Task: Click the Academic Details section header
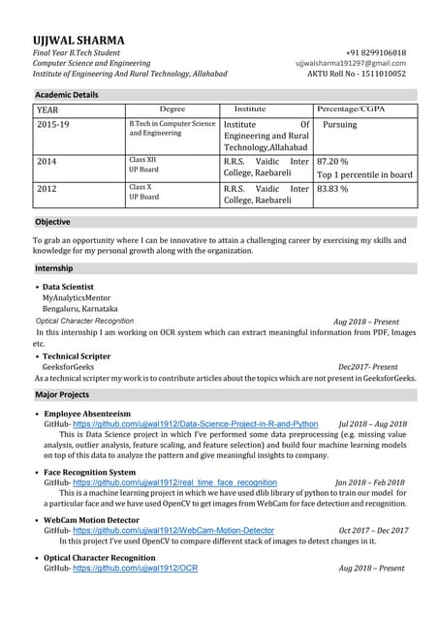(67, 95)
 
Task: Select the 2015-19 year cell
(53, 125)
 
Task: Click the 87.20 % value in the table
(332, 162)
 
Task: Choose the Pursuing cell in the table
(339, 125)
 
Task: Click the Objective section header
(52, 222)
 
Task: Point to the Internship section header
(53, 267)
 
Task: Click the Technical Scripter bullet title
(77, 356)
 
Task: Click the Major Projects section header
(62, 395)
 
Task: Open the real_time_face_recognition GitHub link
(174, 482)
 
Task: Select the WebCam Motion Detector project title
(91, 520)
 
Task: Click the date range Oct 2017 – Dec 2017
(373, 531)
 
